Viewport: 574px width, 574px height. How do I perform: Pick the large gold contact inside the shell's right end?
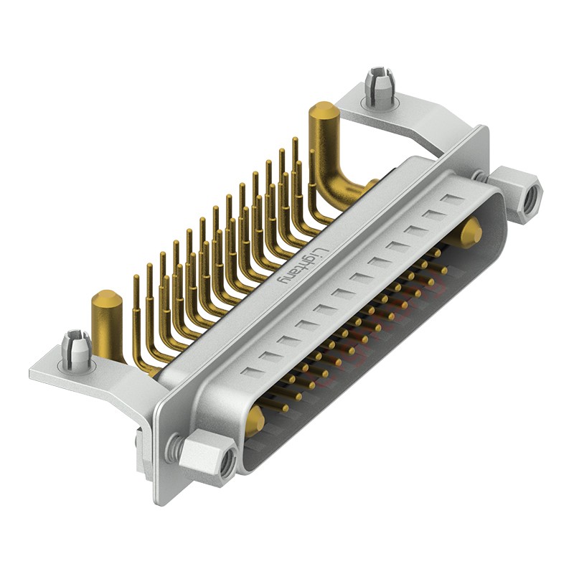pyautogui.click(x=471, y=231)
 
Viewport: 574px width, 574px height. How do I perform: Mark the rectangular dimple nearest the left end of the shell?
pyautogui.click(x=250, y=371)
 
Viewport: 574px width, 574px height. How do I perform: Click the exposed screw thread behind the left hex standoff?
pyautogui.click(x=172, y=449)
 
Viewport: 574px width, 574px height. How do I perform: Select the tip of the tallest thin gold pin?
pyautogui.click(x=294, y=140)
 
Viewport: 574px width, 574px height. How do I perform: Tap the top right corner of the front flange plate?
pyautogui.click(x=485, y=129)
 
